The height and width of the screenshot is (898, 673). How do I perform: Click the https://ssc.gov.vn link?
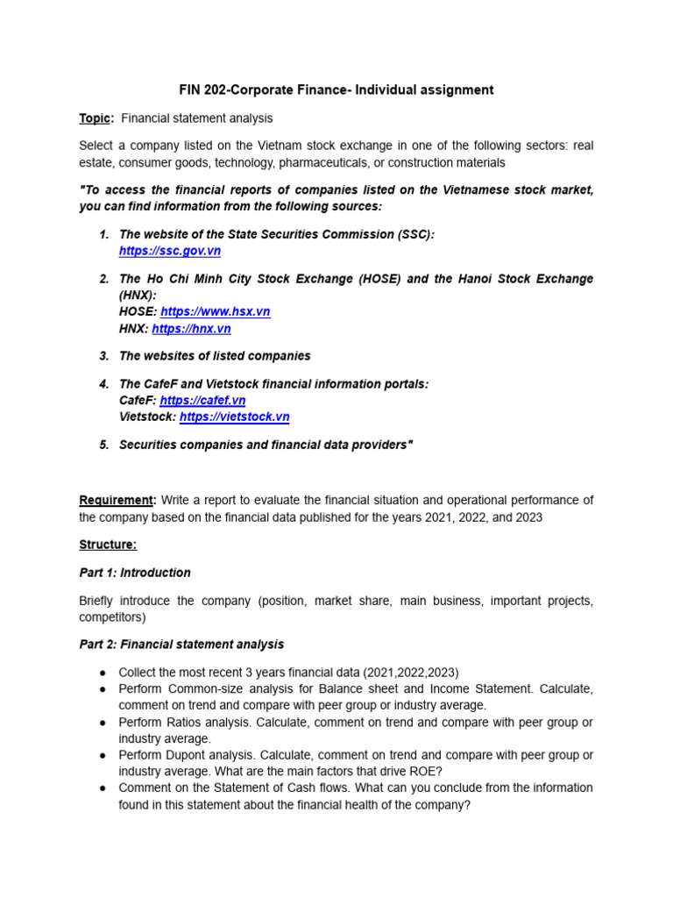169,251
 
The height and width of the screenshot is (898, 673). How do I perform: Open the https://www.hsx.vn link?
215,311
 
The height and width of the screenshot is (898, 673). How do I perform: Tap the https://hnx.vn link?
191,329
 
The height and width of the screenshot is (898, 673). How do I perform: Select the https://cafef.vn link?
202,400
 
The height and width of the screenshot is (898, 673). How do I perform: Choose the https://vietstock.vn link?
234,417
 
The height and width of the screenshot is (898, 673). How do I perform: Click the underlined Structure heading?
108,545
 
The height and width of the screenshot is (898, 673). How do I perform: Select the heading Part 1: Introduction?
135,573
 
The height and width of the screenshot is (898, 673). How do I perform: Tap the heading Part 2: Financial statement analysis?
181,645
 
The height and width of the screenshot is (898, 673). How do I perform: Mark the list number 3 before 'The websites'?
103,356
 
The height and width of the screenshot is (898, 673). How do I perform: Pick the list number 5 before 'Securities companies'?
103,445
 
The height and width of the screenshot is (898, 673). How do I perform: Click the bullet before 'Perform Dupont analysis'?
103,755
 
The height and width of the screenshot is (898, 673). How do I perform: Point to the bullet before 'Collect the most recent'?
103,672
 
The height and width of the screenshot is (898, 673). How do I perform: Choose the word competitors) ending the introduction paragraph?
113,616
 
